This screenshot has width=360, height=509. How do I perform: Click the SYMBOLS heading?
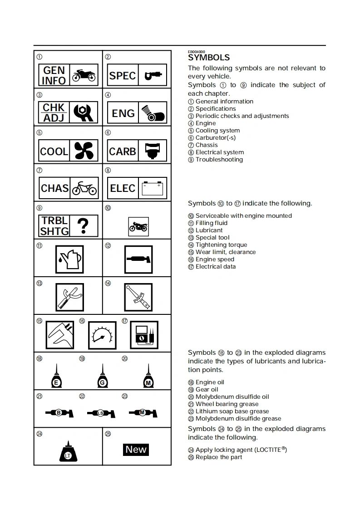[x=209, y=58]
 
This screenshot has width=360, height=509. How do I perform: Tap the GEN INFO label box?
[x=54, y=75]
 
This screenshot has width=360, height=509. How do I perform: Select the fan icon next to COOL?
[x=84, y=151]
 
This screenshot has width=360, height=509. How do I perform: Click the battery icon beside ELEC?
[x=152, y=188]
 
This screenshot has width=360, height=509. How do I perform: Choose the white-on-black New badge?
[x=136, y=450]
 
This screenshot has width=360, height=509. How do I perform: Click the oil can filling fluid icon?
[x=69, y=259]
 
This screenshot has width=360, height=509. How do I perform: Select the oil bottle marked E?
[x=57, y=377]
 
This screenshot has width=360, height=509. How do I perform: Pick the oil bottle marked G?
[x=103, y=377]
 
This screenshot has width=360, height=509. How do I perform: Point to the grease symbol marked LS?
[x=101, y=413]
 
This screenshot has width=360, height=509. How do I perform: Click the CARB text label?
[x=123, y=151]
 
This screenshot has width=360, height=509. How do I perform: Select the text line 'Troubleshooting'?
[x=219, y=160]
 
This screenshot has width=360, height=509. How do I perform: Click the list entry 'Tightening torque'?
[x=221, y=245]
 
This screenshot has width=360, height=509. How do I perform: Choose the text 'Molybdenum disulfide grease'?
[x=238, y=419]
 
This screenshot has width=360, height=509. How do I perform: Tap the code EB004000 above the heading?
[x=197, y=52]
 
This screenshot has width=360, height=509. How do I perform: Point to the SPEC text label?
[x=123, y=75]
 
